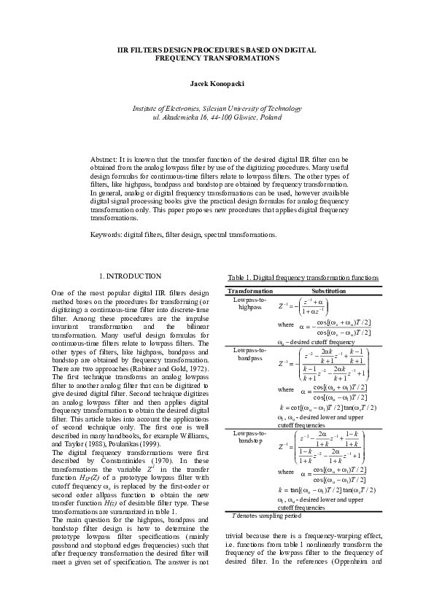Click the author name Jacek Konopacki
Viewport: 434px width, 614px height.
pos(217,84)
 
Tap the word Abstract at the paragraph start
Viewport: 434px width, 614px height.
pos(103,158)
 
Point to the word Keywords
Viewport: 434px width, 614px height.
pos(106,235)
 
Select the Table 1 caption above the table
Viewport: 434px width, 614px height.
pos(303,278)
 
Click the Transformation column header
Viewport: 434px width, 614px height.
pos(250,290)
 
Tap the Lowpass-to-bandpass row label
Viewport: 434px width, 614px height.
pos(250,354)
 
